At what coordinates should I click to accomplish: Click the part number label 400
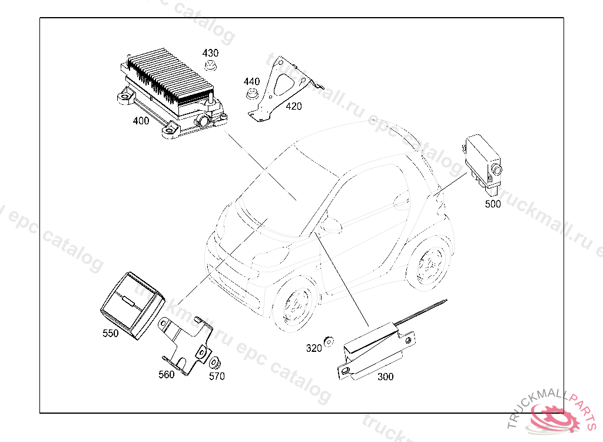141,121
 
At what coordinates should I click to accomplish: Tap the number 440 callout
251,81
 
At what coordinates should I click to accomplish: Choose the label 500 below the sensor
493,204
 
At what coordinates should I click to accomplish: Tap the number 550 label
110,333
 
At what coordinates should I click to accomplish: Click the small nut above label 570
216,362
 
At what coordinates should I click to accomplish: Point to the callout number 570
217,376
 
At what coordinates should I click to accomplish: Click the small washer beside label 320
329,339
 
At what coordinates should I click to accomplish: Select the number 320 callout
314,348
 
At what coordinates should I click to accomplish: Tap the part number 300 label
386,377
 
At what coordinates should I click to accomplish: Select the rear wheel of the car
430,262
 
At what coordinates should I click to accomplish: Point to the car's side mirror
332,225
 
